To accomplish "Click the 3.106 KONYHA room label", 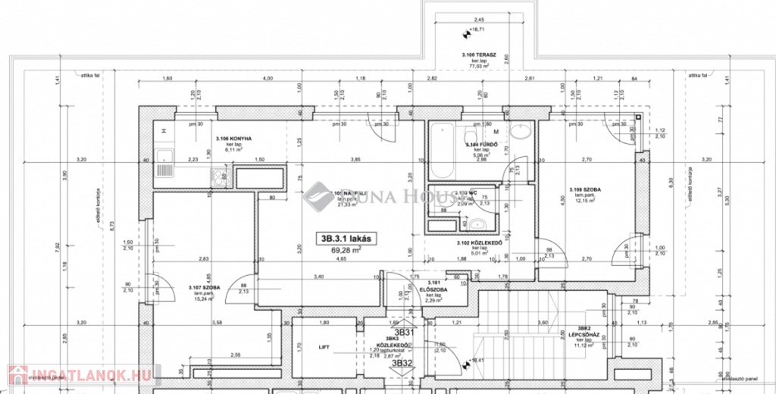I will coord(232,139).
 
